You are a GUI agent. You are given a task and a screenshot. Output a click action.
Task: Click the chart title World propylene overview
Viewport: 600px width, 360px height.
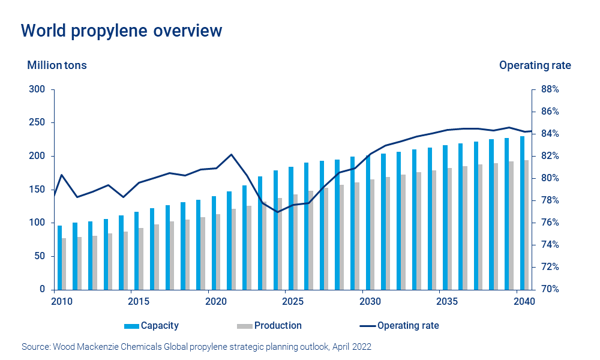(121, 31)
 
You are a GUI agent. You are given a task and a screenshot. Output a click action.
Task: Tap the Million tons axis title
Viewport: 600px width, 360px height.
(57, 65)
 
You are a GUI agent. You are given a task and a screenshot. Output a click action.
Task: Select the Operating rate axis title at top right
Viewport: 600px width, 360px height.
(535, 65)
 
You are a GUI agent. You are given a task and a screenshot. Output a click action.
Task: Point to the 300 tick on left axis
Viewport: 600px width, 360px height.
(38, 89)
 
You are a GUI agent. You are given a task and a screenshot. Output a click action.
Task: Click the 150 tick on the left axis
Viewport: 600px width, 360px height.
(38, 190)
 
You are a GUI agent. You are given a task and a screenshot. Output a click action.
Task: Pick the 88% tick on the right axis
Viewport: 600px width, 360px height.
(550, 89)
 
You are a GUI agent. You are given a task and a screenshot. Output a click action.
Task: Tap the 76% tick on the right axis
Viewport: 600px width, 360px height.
(550, 223)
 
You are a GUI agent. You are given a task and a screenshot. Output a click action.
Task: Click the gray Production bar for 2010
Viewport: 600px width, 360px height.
(64, 264)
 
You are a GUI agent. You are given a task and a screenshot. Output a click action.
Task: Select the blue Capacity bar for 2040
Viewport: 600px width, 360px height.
(522, 213)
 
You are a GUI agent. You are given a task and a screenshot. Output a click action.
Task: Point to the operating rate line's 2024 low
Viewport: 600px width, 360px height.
(277, 212)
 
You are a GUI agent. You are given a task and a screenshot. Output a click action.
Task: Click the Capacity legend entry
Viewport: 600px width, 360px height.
(152, 326)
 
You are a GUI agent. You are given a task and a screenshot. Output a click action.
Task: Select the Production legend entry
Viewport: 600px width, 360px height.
(269, 326)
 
